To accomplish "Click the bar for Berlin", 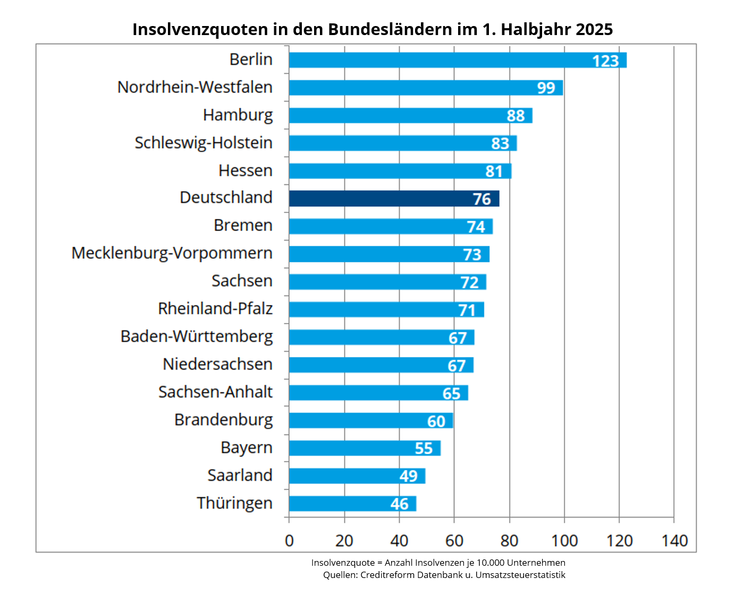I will [457, 60].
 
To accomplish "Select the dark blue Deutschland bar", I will [393, 199].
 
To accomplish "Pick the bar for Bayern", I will [364, 448].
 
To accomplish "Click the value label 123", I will [605, 61].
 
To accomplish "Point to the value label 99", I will [546, 88].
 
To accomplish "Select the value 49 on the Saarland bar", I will [408, 476].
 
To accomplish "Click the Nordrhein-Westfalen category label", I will [195, 87].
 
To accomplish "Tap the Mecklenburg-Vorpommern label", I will [172, 253].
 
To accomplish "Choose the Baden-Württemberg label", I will [197, 337].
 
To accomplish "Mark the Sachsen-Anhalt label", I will [215, 392].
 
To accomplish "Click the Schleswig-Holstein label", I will [203, 143].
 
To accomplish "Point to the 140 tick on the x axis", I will [674, 541].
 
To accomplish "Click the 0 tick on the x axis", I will [289, 541].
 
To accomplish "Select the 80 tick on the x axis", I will [509, 541].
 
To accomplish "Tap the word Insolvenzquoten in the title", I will [200, 29].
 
